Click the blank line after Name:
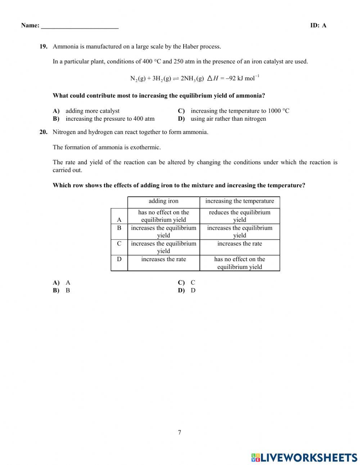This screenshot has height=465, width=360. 80,26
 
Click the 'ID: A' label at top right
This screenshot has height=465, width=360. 318,25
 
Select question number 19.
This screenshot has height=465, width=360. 43,46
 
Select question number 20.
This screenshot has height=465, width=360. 43,132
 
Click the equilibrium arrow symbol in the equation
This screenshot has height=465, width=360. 176,79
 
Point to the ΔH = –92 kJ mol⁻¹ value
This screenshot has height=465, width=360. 233,78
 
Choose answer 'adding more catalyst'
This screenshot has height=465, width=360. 92,111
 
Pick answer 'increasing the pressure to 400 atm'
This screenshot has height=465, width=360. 110,119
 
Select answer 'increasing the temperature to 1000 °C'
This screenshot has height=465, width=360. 240,111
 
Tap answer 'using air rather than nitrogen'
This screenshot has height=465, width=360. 228,119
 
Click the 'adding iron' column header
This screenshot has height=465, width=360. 163,201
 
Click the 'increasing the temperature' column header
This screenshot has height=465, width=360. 239,201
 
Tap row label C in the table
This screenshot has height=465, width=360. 119,244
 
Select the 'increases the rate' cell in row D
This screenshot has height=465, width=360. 163,259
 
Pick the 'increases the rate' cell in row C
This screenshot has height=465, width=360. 239,244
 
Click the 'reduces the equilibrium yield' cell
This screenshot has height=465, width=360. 239,216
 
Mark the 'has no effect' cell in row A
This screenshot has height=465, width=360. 163,216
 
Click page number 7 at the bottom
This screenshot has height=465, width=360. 180,433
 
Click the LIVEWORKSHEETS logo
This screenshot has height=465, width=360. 304,457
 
